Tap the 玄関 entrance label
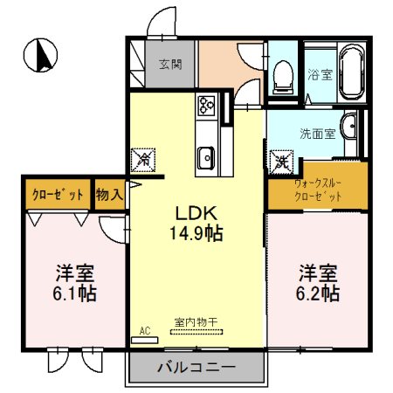(x=169, y=64)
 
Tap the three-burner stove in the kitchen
(x=207, y=107)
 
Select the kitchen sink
(x=206, y=158)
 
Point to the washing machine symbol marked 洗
(x=282, y=161)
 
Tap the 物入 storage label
(x=110, y=195)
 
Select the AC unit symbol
(x=145, y=331)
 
